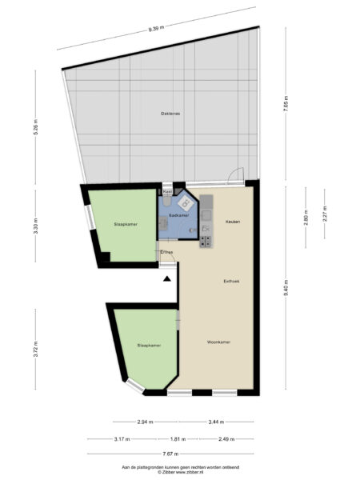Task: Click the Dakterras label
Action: [x=170, y=114]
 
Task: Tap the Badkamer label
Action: [x=179, y=215]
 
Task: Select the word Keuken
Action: [x=233, y=221]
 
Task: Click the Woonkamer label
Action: [x=218, y=342]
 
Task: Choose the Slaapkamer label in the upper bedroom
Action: [x=125, y=224]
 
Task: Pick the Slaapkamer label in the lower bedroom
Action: [x=149, y=345]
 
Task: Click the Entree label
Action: [x=167, y=252]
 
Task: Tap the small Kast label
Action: [x=167, y=192]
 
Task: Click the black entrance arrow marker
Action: [x=166, y=278]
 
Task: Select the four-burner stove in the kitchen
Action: [x=206, y=238]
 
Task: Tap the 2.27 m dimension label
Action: [x=324, y=214]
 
